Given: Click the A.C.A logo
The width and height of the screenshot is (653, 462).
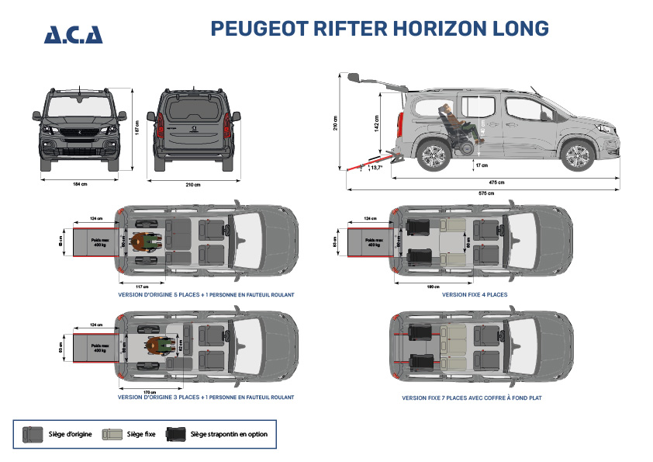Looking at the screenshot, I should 73,34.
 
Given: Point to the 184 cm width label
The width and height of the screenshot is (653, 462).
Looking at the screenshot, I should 78,184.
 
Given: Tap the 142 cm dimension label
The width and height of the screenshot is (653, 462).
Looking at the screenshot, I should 376,123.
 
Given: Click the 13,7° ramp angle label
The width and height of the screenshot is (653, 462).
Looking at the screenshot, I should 377,167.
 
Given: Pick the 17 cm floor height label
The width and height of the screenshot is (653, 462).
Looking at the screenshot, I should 482,165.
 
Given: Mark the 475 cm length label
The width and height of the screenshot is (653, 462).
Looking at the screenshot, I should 496,182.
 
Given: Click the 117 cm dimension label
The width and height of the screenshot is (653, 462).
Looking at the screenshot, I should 142,287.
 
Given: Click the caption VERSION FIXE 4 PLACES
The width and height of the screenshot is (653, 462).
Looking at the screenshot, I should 475,295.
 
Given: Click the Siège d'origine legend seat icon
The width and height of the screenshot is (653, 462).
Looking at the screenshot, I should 33,433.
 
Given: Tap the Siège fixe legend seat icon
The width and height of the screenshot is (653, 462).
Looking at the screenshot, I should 113,433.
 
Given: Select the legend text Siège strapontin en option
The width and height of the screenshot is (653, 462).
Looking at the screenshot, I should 229,434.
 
